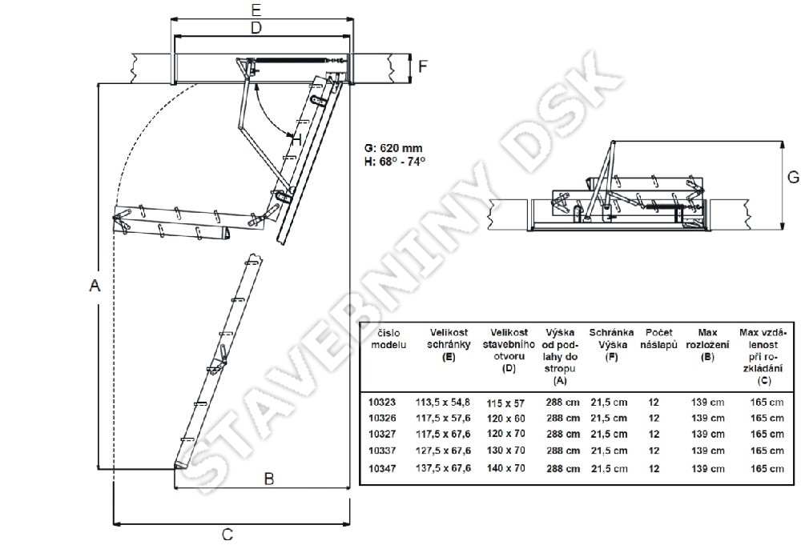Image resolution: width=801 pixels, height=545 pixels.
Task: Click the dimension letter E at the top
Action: [257, 10]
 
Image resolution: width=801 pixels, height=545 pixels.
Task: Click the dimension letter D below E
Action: [256, 27]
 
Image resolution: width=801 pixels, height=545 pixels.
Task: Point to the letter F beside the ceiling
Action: [422, 67]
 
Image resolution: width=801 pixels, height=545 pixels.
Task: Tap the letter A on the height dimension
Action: [95, 286]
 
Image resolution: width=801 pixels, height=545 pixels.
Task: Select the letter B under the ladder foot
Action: [268, 479]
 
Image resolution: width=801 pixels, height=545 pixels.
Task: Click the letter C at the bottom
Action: [227, 535]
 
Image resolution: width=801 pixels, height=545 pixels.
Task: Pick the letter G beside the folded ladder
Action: [793, 177]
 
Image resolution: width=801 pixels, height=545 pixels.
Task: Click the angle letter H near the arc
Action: [296, 138]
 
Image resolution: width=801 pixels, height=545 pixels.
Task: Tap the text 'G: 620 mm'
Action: [393, 149]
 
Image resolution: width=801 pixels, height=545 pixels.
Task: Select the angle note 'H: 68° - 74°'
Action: [395, 161]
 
